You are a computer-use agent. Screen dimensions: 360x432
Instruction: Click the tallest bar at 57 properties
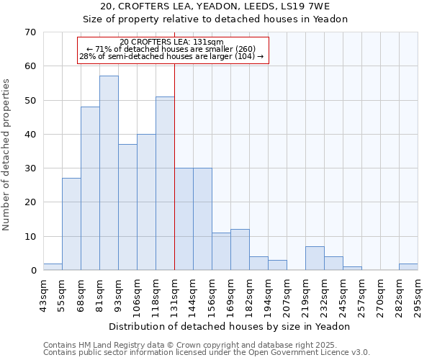(x=109, y=173)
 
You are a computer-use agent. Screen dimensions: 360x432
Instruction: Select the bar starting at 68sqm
(x=90, y=189)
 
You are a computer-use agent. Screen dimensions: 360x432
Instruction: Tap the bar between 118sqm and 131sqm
(x=165, y=184)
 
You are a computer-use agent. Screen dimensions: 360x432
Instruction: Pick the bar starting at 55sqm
(x=71, y=224)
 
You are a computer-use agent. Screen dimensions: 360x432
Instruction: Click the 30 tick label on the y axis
(x=30, y=168)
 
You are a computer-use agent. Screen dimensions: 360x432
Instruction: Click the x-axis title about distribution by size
(x=230, y=326)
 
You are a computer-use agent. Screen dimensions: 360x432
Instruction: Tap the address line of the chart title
(x=215, y=6)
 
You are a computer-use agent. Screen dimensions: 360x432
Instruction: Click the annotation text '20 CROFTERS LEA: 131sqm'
(x=172, y=42)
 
